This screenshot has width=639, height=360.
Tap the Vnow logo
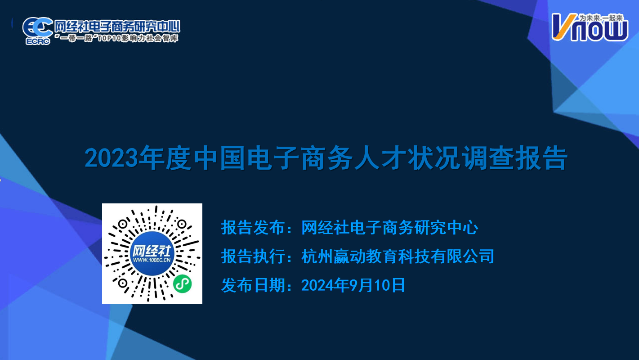(590, 27)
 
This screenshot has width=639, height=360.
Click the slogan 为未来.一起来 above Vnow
(601, 18)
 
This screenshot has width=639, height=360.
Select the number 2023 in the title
(111, 158)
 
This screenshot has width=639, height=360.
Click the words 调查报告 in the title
(514, 158)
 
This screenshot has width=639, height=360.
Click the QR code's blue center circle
(152, 253)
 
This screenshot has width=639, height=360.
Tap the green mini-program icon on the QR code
(182, 284)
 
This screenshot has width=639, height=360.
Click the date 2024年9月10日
(353, 285)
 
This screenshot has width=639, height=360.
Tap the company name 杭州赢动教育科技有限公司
(398, 256)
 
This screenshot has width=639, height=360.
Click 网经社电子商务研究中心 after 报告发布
(390, 228)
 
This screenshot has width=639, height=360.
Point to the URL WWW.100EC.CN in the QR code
(152, 260)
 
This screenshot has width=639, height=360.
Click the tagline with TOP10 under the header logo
(116, 38)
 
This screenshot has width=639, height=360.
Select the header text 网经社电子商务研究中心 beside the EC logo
(117, 26)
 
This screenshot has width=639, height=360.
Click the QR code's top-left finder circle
(123, 225)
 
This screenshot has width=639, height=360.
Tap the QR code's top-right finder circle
(181, 225)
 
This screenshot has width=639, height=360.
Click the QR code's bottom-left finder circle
(123, 283)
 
